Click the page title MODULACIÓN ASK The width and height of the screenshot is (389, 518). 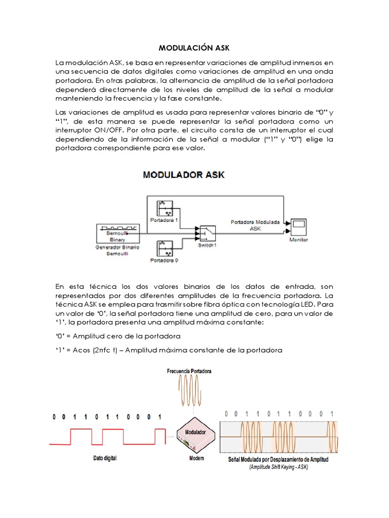pos(194,49)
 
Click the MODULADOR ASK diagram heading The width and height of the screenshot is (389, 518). pos(184,175)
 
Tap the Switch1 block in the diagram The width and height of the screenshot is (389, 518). pos(207,234)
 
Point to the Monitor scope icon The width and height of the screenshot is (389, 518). pos(298,225)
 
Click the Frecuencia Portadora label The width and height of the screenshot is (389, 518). pos(189,371)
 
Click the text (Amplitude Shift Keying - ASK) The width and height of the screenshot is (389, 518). pos(278,467)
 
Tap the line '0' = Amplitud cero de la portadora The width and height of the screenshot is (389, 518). pos(118,336)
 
